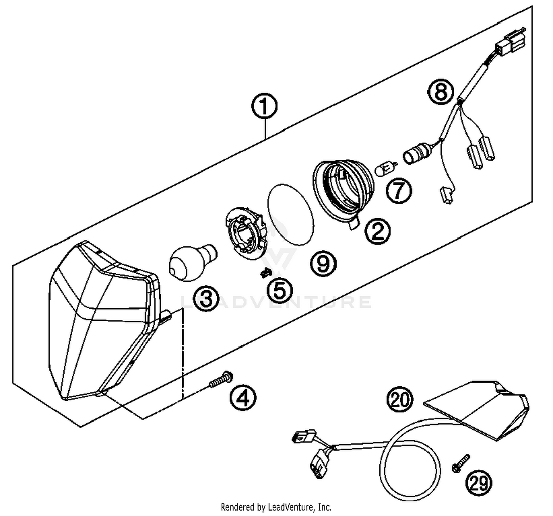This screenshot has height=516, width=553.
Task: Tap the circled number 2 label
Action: pyautogui.click(x=377, y=231)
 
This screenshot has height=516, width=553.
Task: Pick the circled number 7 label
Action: pyautogui.click(x=399, y=190)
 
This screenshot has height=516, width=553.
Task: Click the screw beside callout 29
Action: pyautogui.click(x=461, y=463)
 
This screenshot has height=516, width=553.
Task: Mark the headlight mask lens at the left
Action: pyautogui.click(x=100, y=324)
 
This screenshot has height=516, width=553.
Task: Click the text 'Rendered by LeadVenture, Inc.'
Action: pyautogui.click(x=276, y=507)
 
